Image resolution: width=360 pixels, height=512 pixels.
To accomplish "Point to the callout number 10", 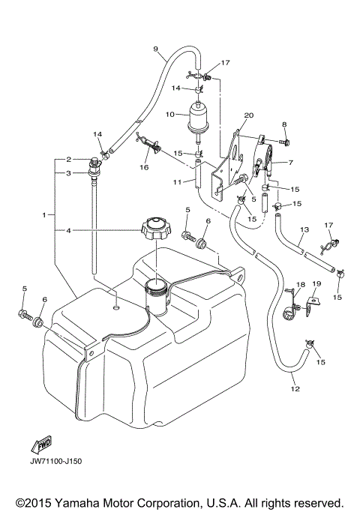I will click(169, 115).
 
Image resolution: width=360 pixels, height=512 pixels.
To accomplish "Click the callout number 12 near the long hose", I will click(294, 389).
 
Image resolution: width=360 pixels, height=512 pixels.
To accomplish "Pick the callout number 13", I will click(304, 229).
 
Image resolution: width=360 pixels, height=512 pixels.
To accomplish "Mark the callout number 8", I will click(284, 124).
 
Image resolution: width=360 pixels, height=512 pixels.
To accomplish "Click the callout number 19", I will click(316, 284).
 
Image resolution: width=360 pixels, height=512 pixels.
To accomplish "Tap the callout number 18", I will click(299, 284).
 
